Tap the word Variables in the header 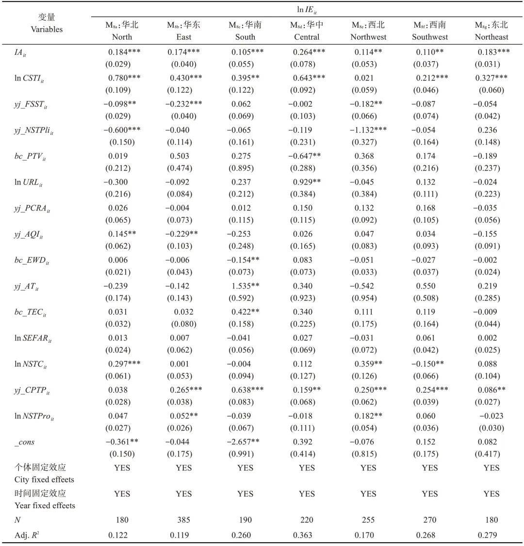[47, 29]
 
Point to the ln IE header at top [307, 9]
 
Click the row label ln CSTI [33, 78]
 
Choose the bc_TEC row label [30, 312]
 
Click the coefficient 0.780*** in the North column [125, 78]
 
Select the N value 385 [183, 520]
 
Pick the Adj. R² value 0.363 [307, 535]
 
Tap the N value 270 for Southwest [429, 520]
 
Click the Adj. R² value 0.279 [491, 535]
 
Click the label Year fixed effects [46, 505]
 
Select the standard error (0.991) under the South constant [246, 454]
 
